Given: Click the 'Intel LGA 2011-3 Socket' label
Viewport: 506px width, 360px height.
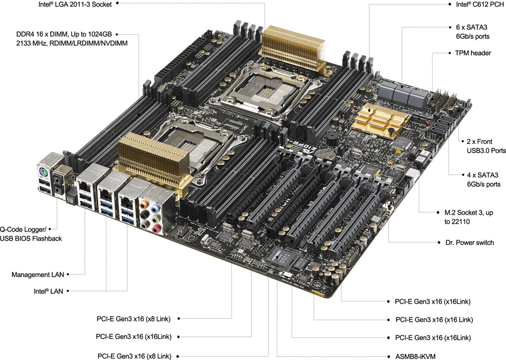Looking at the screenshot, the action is click(x=75, y=4).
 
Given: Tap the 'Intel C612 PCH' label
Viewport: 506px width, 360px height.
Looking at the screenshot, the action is click(x=480, y=4).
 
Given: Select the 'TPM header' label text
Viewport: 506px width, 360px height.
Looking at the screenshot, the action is click(x=473, y=53).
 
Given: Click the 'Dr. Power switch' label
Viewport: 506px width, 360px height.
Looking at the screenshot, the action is click(x=470, y=243).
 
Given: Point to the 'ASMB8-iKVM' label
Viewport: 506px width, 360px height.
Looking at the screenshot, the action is click(x=415, y=357).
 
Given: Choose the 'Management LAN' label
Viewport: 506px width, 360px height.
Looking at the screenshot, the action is click(x=37, y=275).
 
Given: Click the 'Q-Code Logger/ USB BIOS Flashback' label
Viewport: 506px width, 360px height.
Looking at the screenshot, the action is click(x=31, y=234).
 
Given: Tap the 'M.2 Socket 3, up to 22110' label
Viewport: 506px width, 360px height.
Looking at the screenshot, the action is click(x=469, y=217).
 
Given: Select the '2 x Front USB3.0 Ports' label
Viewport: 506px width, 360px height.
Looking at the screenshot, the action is click(x=486, y=146).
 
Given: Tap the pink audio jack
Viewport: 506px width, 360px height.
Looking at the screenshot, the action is click(x=156, y=229).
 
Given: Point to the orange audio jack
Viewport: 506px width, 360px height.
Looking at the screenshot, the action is click(x=144, y=205).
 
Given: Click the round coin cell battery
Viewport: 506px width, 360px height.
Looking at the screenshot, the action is click(x=326, y=154).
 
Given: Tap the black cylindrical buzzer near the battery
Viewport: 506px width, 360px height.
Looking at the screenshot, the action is click(x=331, y=138).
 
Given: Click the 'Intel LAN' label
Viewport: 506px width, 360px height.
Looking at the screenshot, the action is click(x=49, y=291).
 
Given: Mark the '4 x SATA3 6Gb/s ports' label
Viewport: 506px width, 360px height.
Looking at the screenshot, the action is click(x=484, y=180).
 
